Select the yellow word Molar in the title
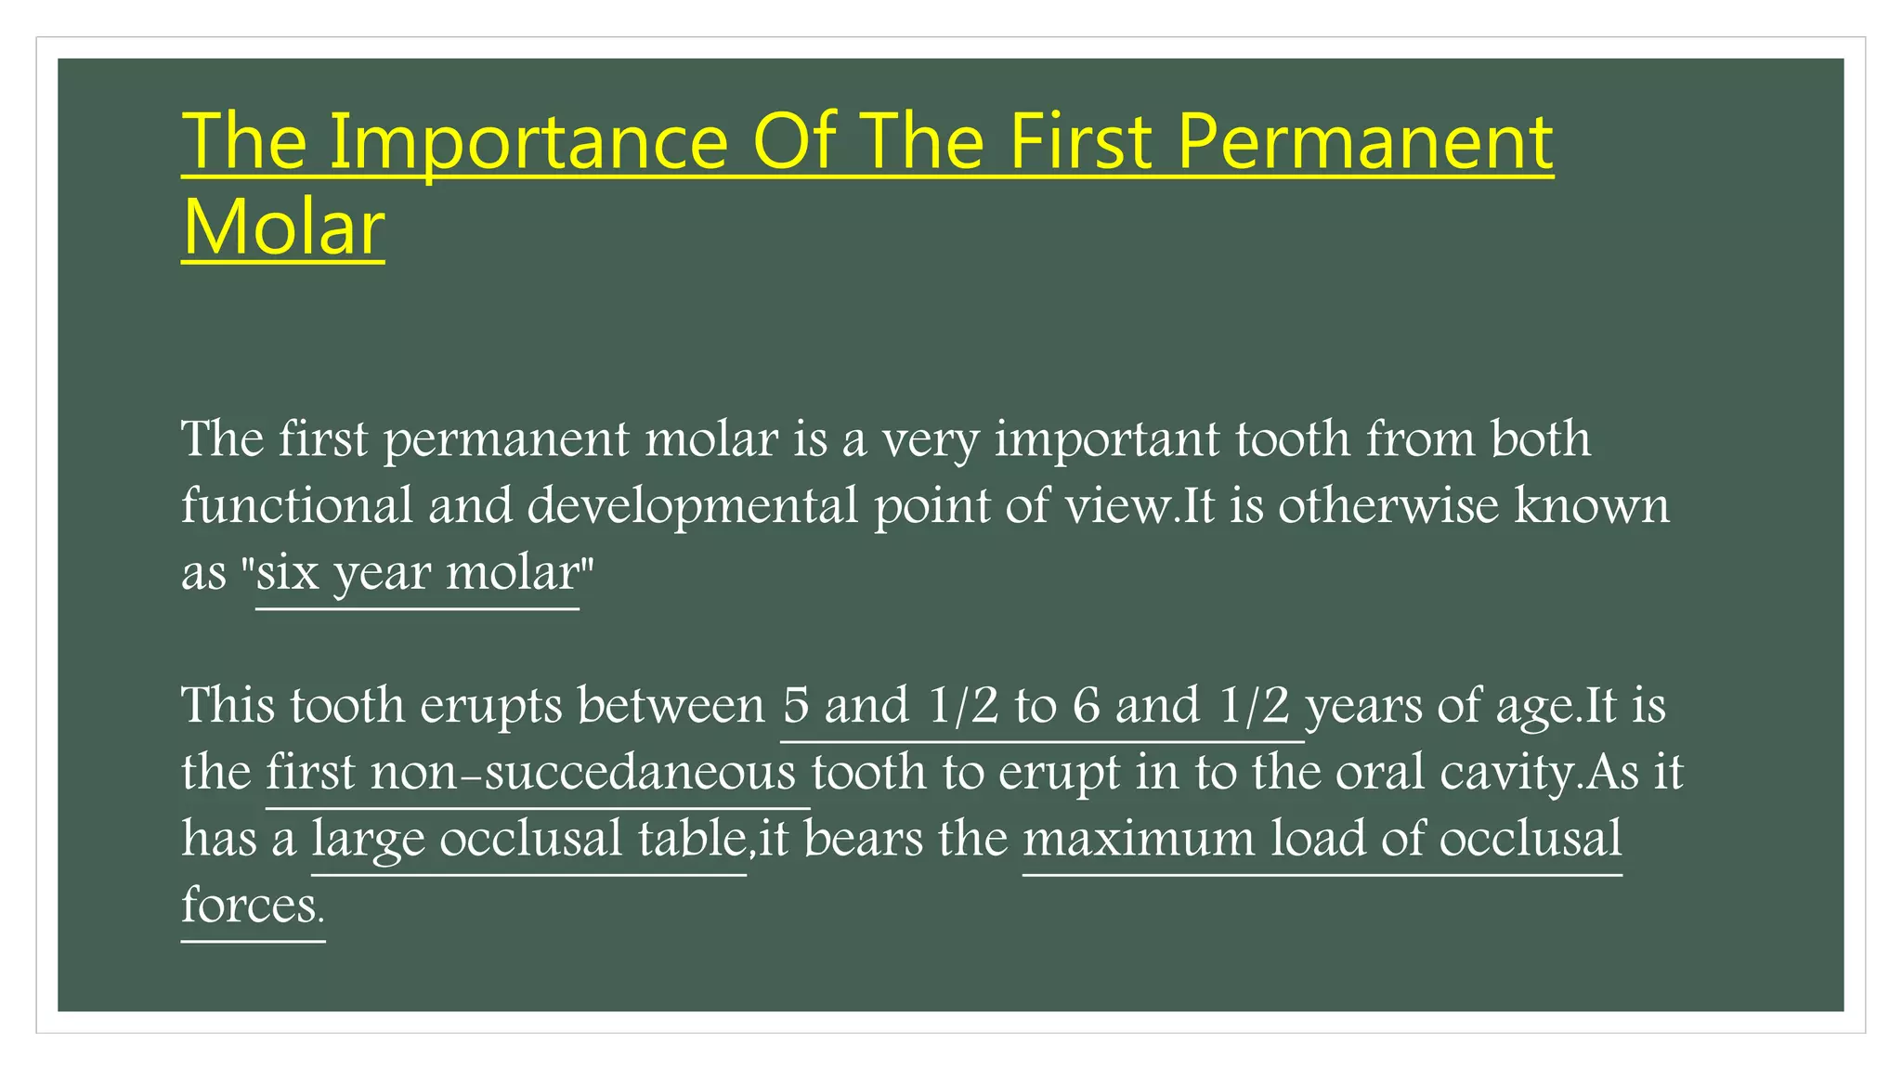[283, 228]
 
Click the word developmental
[693, 506]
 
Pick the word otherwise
[1388, 506]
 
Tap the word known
[1592, 506]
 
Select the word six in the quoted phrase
[287, 573]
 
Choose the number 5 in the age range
[796, 706]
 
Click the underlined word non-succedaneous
[583, 773]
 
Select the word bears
[863, 840]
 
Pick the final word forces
[250, 906]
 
